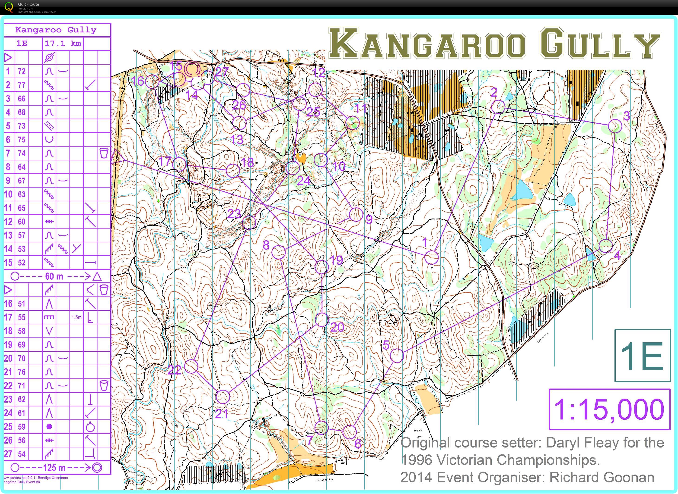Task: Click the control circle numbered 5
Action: coord(397,356)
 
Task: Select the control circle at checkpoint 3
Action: coord(615,126)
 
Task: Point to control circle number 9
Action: coord(356,214)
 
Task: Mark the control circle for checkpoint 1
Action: coord(432,257)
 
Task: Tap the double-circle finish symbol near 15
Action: coord(192,69)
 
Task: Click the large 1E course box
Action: coord(642,356)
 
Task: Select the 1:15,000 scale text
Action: coord(609,409)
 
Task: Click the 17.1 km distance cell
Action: coord(63,44)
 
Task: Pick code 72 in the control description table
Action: coord(22,71)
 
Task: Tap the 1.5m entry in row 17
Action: coord(76,317)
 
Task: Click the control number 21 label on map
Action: coord(222,414)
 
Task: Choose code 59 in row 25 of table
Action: coord(22,427)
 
